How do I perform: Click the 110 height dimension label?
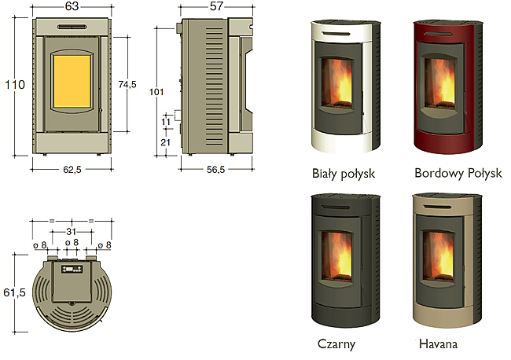click(15, 85)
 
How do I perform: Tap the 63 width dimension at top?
click(72, 6)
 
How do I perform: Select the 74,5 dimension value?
click(127, 84)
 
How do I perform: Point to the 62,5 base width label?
click(72, 170)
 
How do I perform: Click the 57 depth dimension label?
click(216, 6)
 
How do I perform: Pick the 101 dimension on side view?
click(156, 92)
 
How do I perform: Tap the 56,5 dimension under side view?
click(215, 170)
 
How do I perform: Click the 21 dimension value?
click(166, 142)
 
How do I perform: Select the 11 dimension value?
click(166, 122)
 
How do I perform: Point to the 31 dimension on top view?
click(71, 232)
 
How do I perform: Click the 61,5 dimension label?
click(14, 292)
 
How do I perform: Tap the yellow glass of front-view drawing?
click(72, 82)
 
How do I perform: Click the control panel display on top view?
click(72, 269)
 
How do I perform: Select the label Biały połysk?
click(344, 174)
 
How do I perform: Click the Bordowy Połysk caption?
click(458, 174)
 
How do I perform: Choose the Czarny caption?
click(336, 344)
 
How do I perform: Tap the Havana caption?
click(439, 343)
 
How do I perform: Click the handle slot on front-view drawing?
click(72, 27)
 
